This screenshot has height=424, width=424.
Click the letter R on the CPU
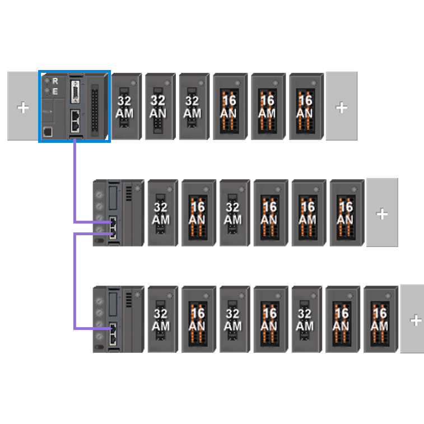[55, 81]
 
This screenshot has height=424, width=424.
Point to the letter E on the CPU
[55, 92]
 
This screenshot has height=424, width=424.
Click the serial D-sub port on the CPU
[75, 92]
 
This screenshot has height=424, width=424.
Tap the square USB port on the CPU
[48, 132]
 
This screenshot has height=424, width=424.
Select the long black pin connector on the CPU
[95, 110]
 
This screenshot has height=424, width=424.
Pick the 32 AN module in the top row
[160, 106]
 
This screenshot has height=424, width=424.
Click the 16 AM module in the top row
[268, 106]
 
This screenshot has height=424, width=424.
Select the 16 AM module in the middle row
[309, 213]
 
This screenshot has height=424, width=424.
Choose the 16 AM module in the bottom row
[381, 319]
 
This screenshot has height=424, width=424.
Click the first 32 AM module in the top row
[127, 106]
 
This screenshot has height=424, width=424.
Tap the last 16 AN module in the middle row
[347, 213]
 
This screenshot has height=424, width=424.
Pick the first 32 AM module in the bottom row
[163, 319]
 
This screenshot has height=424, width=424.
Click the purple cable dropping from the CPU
[75, 181]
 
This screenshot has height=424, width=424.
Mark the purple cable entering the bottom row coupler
[75, 281]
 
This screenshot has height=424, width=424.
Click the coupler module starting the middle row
[118, 213]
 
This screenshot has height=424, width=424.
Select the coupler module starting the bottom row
[118, 319]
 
